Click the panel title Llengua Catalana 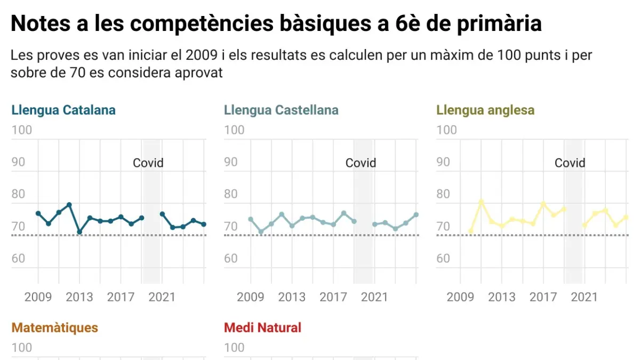(63, 110)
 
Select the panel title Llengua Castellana (281, 110)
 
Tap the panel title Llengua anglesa (485, 110)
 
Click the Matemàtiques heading (55, 327)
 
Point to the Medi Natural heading (262, 327)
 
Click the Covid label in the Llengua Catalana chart (148, 163)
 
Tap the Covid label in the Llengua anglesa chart (570, 163)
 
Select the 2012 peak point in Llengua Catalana (69, 205)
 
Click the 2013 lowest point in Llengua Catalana (79, 232)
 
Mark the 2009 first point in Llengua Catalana (38, 213)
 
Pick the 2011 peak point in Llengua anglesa (481, 202)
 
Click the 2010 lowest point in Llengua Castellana (261, 232)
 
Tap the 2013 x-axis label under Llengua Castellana (292, 297)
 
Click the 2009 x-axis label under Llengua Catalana (38, 297)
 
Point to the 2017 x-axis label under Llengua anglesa (543, 297)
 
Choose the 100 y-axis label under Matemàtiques (22, 348)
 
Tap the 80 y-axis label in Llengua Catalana (19, 194)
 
